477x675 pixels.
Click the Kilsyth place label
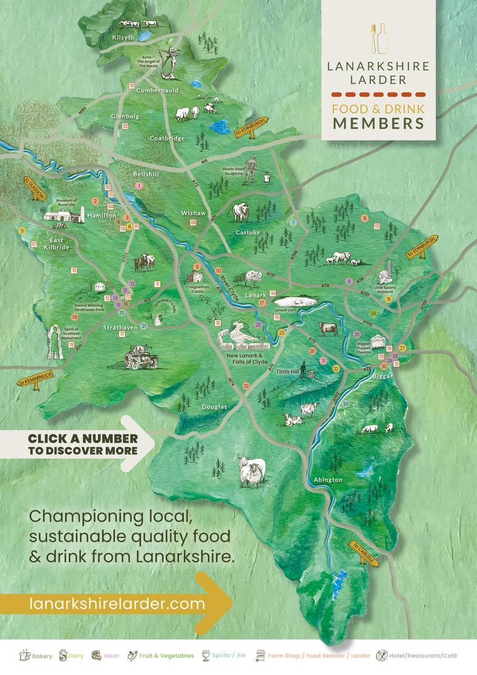tap(124, 37)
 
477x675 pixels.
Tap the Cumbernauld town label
tap(158, 90)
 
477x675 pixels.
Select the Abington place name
tap(328, 480)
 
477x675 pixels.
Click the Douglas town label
tap(215, 407)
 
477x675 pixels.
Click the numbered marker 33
tap(246, 387)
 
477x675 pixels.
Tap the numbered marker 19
tap(75, 317)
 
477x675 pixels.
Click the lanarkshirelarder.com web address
tap(117, 604)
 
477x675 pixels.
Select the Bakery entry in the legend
tap(36, 656)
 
